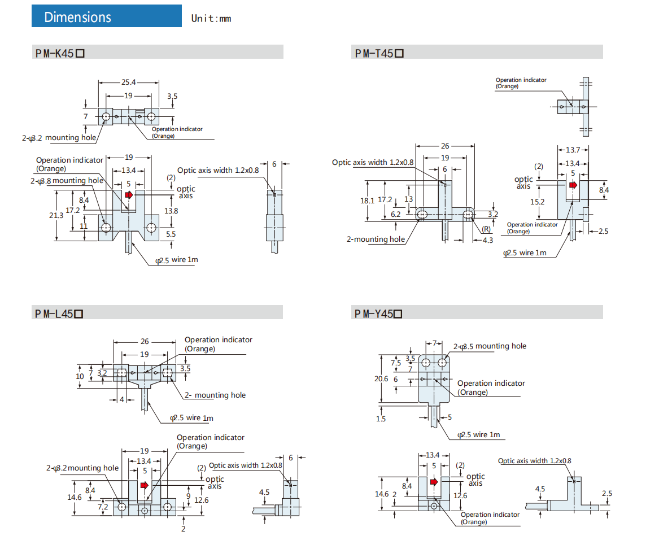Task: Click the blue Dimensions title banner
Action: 107,17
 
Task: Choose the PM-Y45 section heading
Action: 378,314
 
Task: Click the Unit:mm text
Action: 211,19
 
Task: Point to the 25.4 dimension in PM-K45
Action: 129,82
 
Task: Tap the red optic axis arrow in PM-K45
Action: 129,195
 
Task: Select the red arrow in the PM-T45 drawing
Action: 573,185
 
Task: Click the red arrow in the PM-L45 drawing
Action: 145,485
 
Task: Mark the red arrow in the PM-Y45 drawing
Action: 434,482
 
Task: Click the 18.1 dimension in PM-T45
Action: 368,201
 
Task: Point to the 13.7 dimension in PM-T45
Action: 573,150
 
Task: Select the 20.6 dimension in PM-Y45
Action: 381,379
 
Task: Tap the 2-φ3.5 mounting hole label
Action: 490,346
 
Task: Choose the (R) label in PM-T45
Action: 486,229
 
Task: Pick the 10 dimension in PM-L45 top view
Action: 80,376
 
